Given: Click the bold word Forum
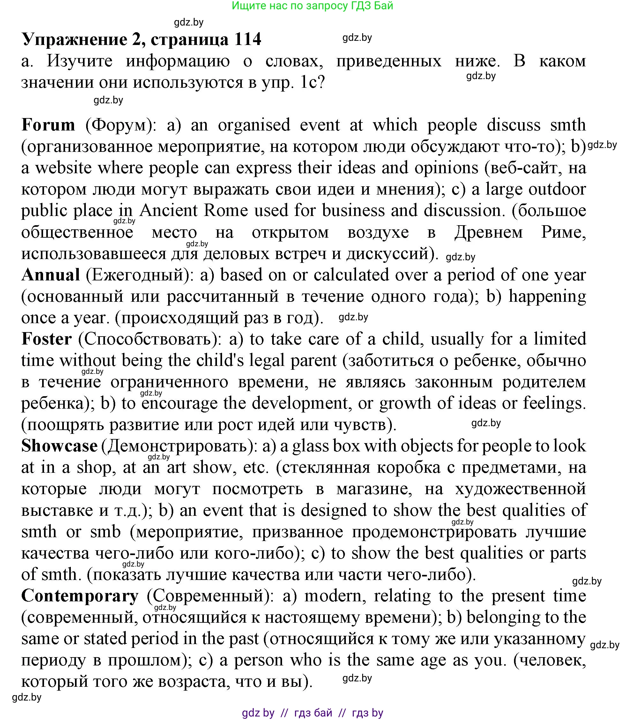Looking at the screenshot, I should [x=48, y=125].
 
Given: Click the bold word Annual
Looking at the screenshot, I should [x=51, y=274].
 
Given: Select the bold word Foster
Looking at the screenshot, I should [x=47, y=339].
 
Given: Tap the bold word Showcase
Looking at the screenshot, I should [x=59, y=446].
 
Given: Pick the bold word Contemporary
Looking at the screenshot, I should [x=80, y=596].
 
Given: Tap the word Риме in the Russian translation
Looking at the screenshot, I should [x=563, y=232].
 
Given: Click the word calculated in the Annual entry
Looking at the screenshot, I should [x=351, y=274].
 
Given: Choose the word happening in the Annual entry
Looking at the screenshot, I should [x=547, y=296].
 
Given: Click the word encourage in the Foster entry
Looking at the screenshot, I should [x=180, y=403].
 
